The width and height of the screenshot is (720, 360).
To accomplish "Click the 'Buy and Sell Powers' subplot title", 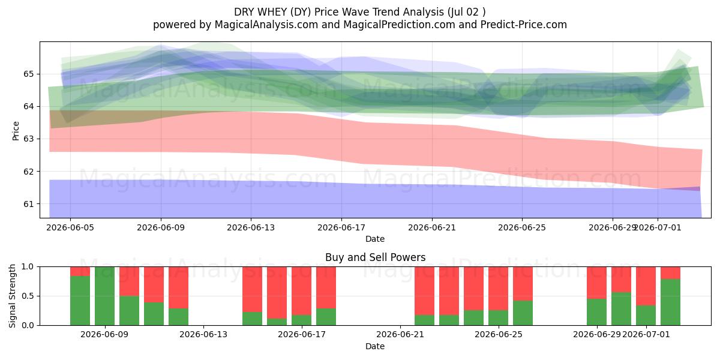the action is click(375, 257).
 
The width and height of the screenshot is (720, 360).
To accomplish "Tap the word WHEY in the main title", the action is click(271, 12).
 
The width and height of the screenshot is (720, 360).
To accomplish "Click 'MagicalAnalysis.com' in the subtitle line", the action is click(266, 25).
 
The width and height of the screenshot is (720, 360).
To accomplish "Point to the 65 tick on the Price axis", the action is click(28, 74).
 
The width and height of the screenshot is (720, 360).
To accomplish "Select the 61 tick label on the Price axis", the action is click(28, 204).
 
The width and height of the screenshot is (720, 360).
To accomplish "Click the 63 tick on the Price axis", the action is click(28, 139).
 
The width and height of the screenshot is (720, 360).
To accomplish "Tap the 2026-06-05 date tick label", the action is click(70, 227).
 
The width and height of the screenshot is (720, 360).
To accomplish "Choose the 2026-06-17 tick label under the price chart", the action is click(341, 227).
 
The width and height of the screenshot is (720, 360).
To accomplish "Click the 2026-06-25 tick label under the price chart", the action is click(522, 227).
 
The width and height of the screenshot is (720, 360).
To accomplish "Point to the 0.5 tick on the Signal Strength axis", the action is click(28, 296).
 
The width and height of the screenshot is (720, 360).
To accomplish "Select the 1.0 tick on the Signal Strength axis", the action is click(28, 266).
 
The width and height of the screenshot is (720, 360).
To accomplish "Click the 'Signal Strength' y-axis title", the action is click(12, 296).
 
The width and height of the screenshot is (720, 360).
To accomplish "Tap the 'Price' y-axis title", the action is click(16, 131).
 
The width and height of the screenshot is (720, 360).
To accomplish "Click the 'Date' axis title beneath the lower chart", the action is click(375, 346).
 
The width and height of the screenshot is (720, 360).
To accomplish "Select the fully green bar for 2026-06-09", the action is click(105, 296).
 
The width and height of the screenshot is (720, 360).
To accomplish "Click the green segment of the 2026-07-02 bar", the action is click(671, 302).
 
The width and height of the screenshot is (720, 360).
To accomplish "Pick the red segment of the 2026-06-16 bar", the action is click(277, 293).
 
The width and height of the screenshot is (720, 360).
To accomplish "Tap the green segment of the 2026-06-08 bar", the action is click(80, 301).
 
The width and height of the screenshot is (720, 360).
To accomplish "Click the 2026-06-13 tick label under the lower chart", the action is click(203, 335).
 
